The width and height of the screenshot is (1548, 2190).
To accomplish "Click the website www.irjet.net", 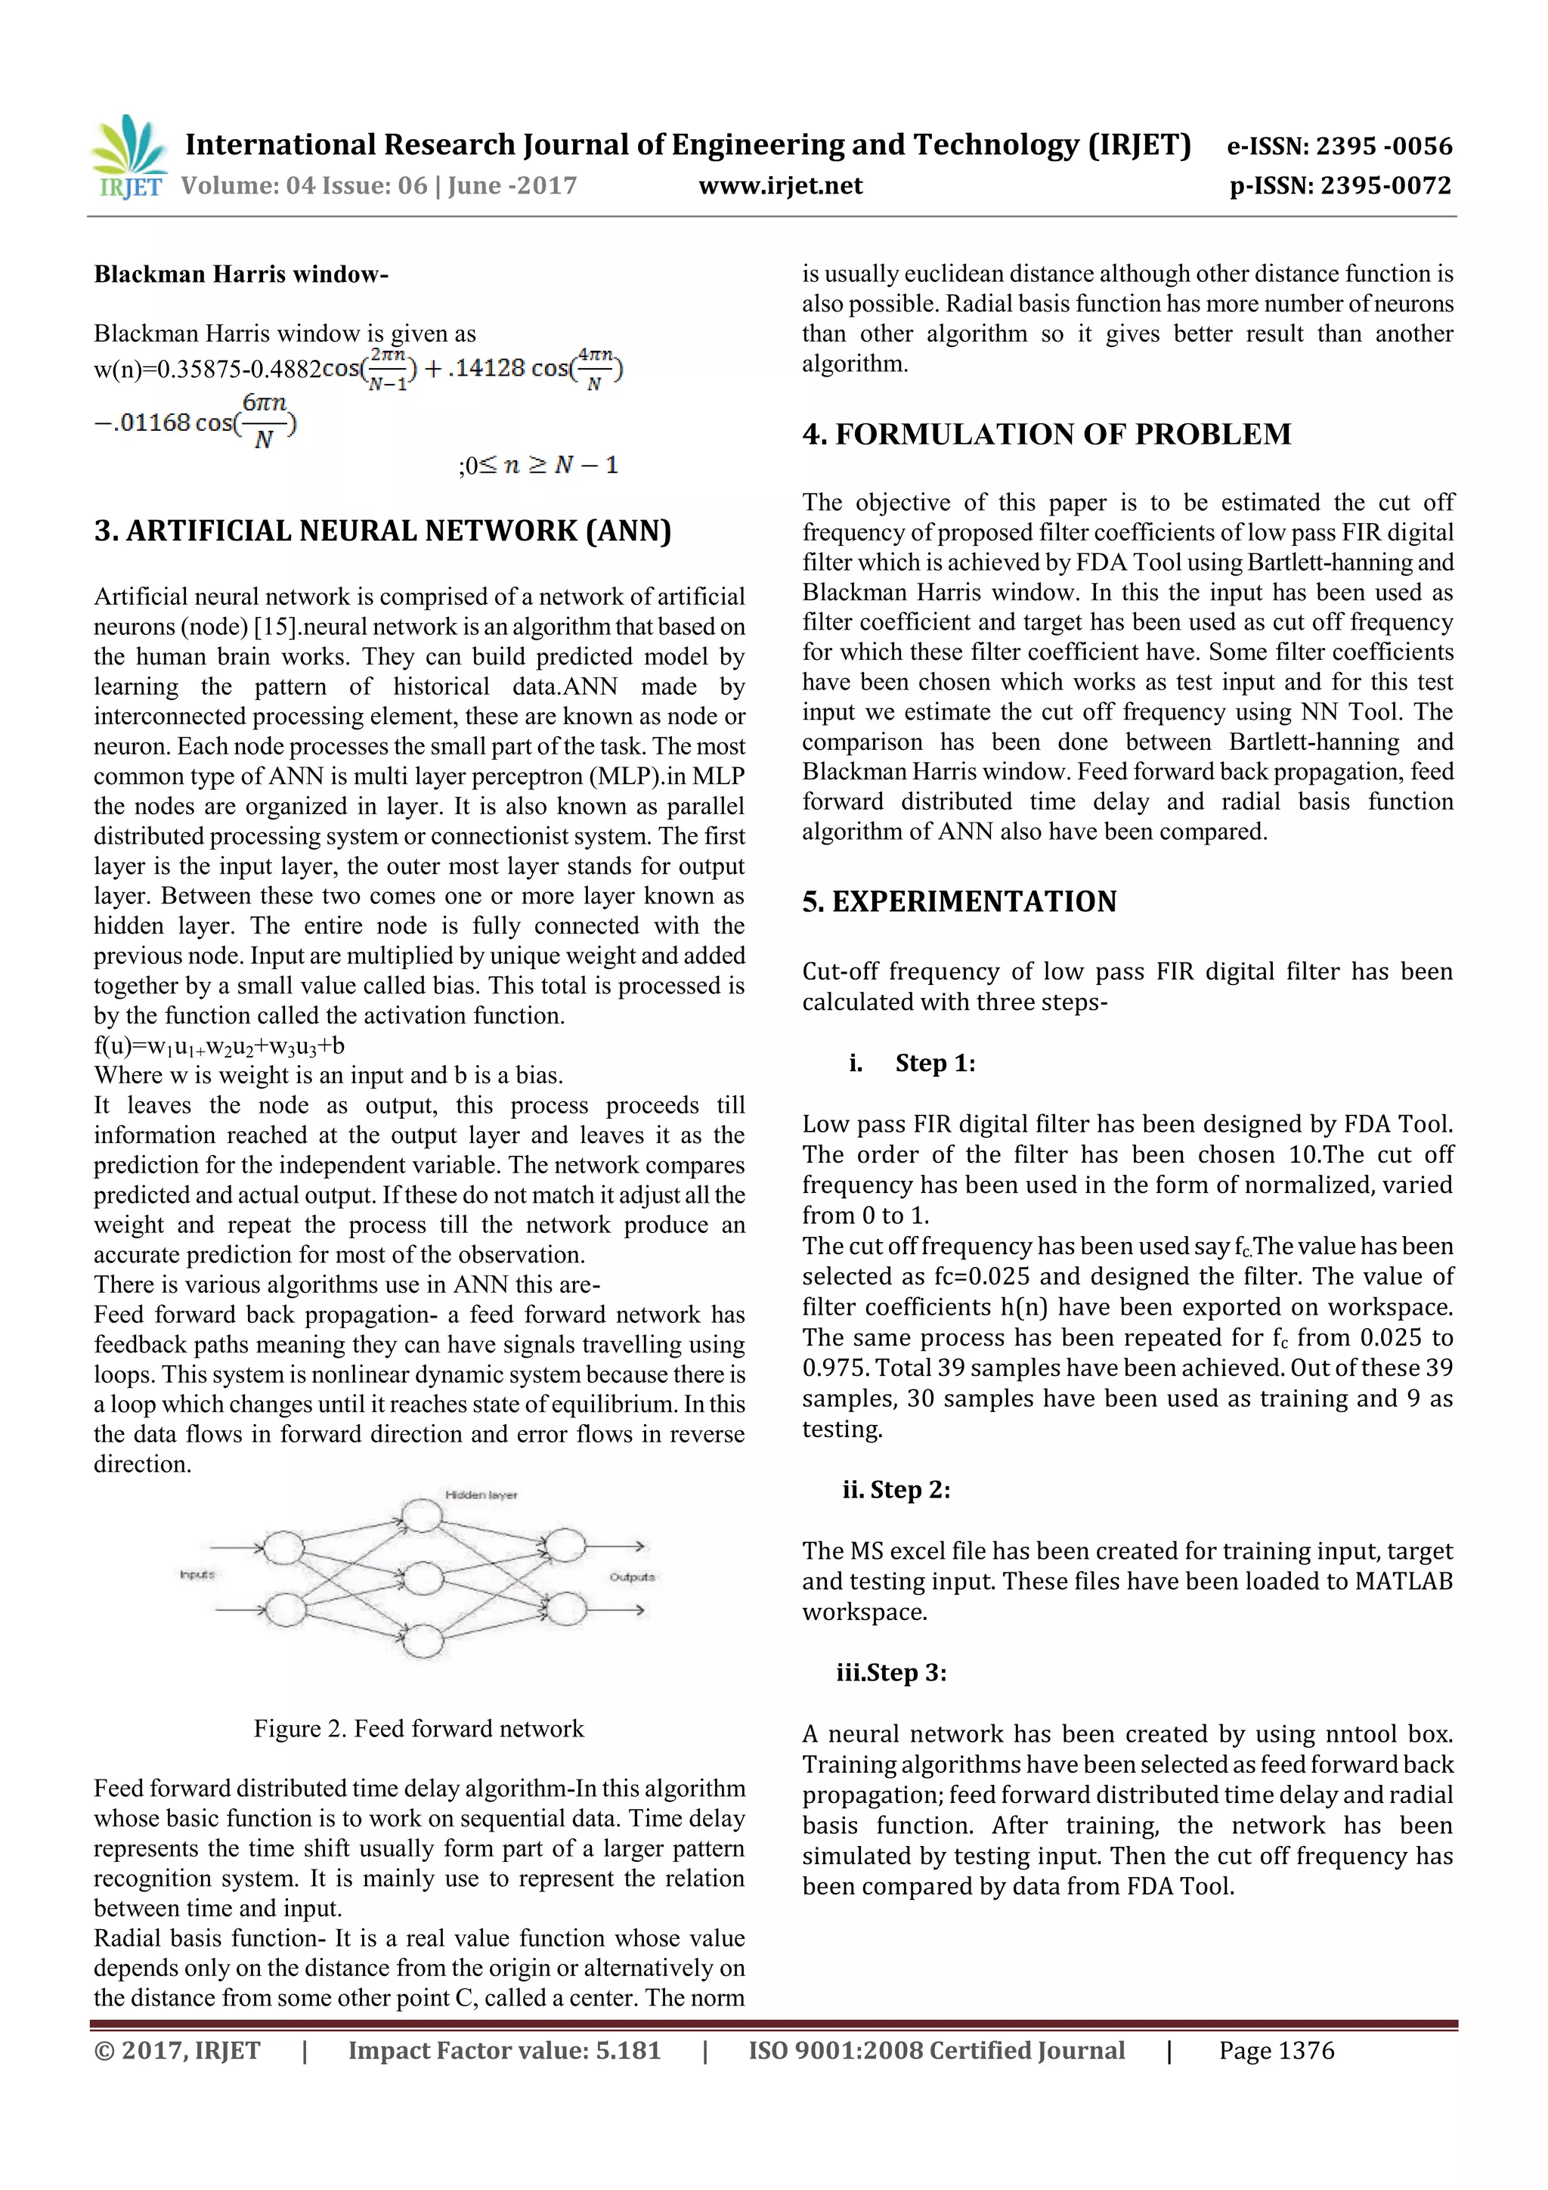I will coord(780,185).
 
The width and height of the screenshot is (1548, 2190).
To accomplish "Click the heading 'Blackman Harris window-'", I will coord(241,274).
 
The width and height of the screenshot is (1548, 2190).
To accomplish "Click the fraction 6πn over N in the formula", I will coord(265,420).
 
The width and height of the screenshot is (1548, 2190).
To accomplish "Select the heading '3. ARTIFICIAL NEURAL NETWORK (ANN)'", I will coord(382,531).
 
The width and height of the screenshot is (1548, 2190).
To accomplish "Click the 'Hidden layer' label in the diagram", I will coord(481,1495).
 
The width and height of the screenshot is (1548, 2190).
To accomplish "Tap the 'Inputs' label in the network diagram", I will coord(197,1574).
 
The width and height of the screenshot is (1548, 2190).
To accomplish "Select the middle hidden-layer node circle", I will coord(423,1578).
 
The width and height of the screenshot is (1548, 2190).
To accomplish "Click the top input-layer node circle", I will coord(283,1547).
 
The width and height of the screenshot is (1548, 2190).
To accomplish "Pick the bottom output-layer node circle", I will coord(565,1609).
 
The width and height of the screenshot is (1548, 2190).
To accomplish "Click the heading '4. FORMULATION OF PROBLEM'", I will coord(1046,434).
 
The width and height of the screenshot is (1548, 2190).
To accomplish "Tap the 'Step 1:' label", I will coord(935,1063).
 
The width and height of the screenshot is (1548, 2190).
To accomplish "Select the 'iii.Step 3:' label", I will coord(891,1672).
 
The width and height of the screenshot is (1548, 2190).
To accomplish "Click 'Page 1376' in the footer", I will coord(1276,2050).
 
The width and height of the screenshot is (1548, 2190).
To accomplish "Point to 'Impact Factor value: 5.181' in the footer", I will coord(503,2050).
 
